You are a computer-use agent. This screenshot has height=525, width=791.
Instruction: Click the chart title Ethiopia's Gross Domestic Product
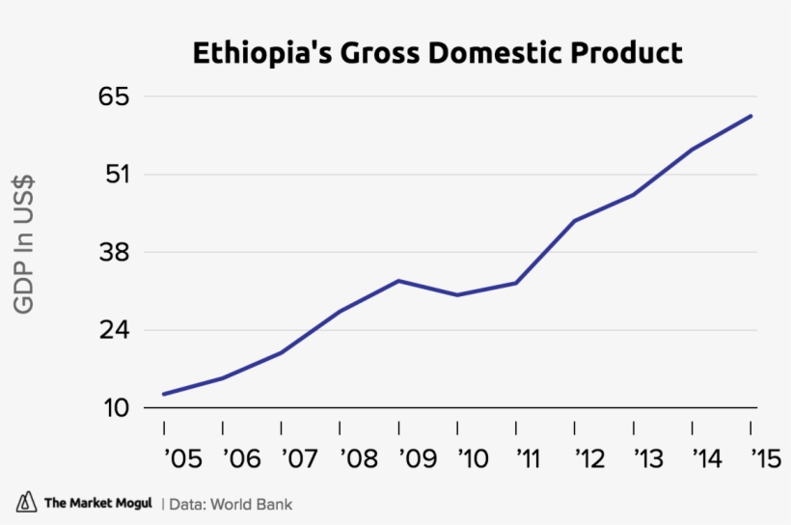click(x=437, y=52)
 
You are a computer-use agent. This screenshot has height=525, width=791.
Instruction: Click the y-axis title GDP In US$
click(x=24, y=243)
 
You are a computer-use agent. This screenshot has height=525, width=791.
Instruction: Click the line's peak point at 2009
click(x=398, y=281)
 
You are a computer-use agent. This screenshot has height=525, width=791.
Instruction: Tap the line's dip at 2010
click(x=457, y=295)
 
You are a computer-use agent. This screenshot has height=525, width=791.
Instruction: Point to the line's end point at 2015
click(x=751, y=116)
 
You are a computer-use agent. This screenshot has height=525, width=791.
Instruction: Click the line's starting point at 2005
click(x=164, y=394)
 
